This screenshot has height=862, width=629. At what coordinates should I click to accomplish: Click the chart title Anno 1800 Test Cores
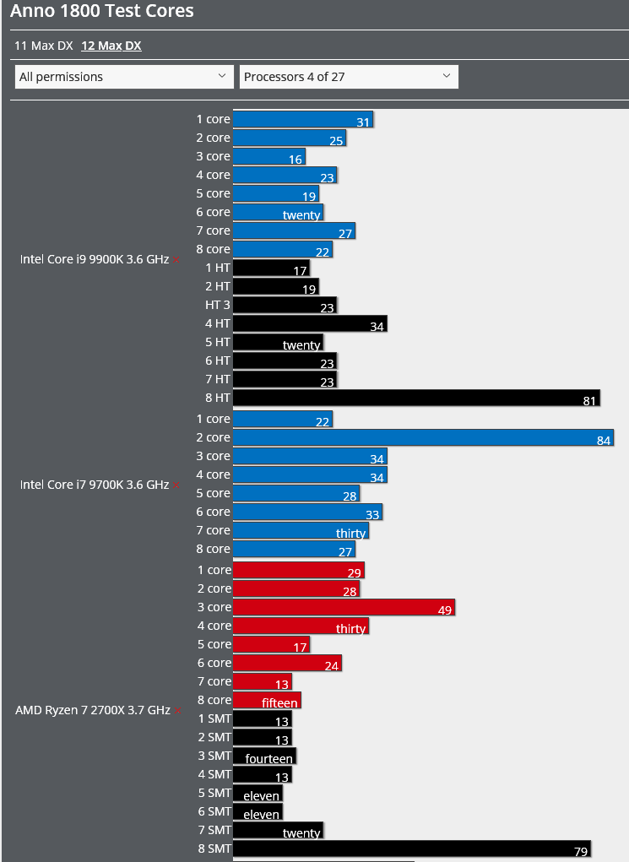[x=102, y=12]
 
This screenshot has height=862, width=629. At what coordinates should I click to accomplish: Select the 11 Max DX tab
[x=44, y=46]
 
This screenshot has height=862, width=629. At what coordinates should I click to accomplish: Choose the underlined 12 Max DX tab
[x=111, y=46]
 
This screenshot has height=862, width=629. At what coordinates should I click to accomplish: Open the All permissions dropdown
[x=124, y=77]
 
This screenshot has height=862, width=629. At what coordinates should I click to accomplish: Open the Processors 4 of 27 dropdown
[x=349, y=77]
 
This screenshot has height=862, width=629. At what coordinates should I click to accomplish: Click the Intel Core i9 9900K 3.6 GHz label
[x=95, y=259]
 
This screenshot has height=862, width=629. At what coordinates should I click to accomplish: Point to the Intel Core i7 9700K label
[x=95, y=485]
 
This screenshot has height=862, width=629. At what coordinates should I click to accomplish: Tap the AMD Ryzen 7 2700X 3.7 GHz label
[x=93, y=710]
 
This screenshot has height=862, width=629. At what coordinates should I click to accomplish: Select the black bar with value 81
[x=415, y=398]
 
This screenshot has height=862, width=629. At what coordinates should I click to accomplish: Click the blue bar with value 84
[x=422, y=437]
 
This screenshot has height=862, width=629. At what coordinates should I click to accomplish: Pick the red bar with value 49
[x=344, y=607]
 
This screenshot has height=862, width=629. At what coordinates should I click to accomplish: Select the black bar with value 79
[x=410, y=848]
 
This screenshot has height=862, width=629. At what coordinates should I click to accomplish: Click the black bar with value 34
[x=309, y=323]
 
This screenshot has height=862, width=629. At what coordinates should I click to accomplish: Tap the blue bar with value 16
[x=268, y=156]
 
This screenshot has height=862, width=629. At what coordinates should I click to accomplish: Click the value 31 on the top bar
[x=363, y=122]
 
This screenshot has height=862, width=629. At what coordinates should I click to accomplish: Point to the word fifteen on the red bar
[x=279, y=703]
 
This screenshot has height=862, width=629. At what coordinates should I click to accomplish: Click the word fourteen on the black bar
[x=268, y=759]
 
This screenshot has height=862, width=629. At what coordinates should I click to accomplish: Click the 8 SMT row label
[x=214, y=848]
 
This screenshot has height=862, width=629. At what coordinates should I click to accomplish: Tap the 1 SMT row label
[x=214, y=718]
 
